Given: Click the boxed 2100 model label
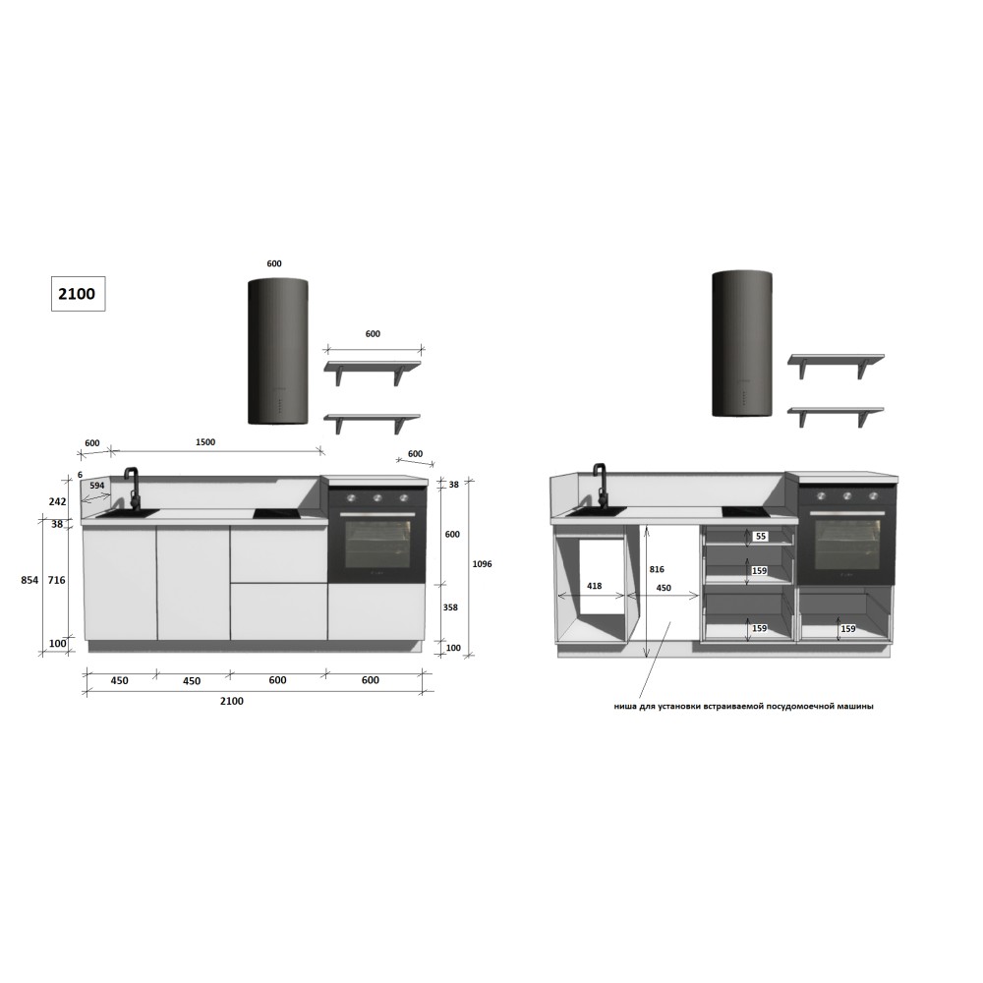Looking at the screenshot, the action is pos(78,293).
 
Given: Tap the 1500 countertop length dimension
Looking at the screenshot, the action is pos(205,442).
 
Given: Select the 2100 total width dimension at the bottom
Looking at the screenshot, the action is pos(231,701).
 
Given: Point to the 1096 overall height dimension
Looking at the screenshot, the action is pos(482,563).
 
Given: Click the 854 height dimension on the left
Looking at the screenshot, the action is pos(29,580).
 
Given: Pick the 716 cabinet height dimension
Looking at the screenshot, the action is pos(56,580).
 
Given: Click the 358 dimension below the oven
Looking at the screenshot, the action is pos(450,607).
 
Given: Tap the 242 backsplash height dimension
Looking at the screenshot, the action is pos(57,501).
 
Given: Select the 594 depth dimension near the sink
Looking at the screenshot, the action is pos(97,486).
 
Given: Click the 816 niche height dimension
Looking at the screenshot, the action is pos(657,569).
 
